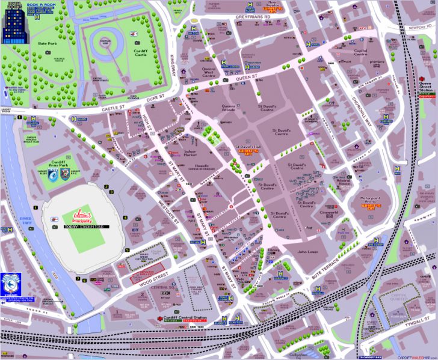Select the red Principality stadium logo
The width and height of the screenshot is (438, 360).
pos(81,215)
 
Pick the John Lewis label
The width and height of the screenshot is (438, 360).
pos(307,252)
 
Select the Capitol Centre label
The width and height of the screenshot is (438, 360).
pos(360,53)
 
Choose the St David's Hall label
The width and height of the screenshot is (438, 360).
pos(248,146)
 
